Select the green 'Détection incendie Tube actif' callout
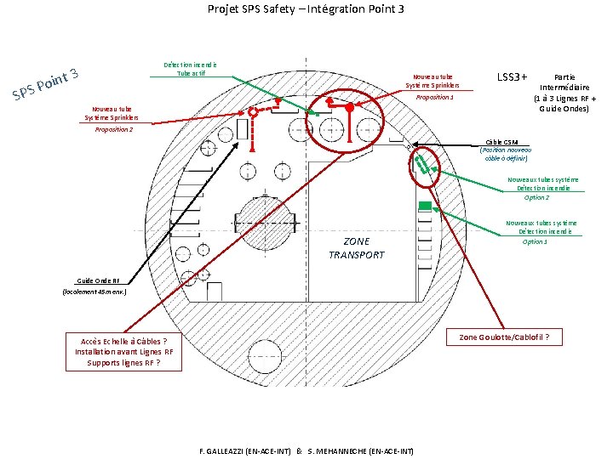point(190,69)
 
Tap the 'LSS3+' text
point(511,77)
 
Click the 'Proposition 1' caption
point(434,98)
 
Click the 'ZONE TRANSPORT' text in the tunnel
point(356,248)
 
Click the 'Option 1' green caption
point(535,241)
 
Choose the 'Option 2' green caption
point(536,197)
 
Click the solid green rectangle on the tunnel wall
point(425,206)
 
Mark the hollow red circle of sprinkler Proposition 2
point(252,113)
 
